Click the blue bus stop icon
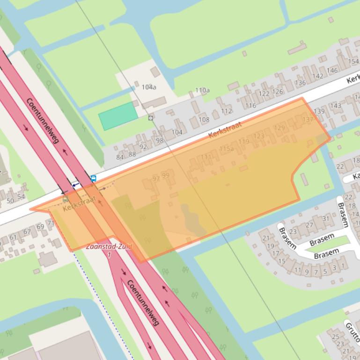93,178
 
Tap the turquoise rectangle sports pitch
118,116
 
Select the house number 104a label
148,87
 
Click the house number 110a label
202,90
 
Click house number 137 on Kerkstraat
308,120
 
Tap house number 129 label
279,128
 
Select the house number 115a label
226,149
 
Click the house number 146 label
332,71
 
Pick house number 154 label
353,62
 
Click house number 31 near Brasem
326,218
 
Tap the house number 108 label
204,119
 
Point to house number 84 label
120,157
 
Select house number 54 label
21,197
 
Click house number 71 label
51,223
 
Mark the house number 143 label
335,106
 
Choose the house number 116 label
251,106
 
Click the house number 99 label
165,175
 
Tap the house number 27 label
309,225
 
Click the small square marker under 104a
150,118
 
